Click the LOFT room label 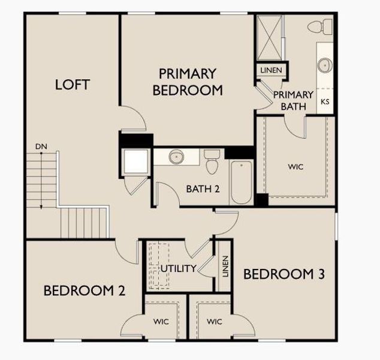tap(72, 85)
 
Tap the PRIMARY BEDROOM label tap(188, 82)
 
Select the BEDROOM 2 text tap(84, 291)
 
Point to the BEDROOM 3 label tap(284, 274)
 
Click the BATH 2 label tap(203, 189)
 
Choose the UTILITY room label tap(178, 268)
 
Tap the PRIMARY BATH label tap(293, 100)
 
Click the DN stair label tap(41, 146)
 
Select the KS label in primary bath tap(325, 102)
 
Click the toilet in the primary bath tap(321, 26)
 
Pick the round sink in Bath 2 tap(176, 157)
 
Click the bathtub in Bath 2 tap(241, 181)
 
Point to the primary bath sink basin tap(325, 65)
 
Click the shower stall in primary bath tap(269, 38)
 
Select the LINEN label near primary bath tap(271, 70)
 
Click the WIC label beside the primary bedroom tap(295, 167)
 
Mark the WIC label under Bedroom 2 tap(161, 322)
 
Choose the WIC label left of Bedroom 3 tap(214, 322)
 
